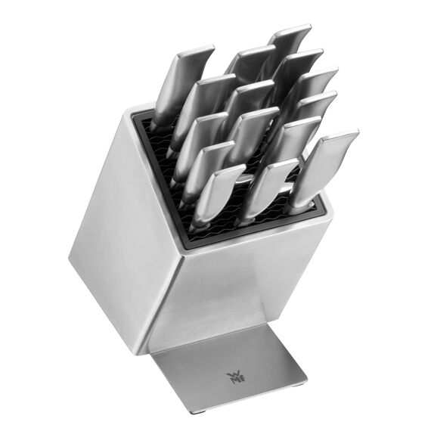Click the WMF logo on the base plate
click(231, 376)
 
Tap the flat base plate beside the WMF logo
click(257, 382)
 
